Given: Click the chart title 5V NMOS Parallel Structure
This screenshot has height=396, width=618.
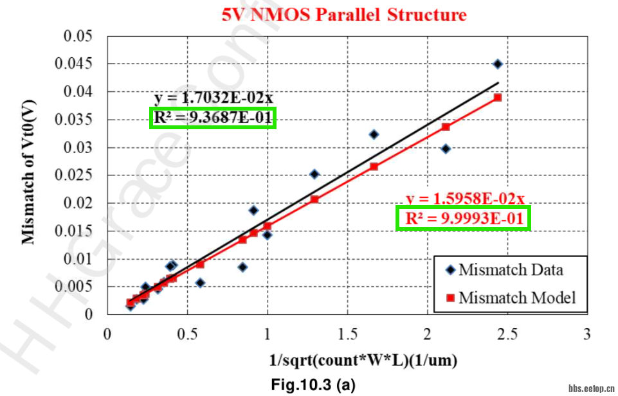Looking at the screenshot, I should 344,14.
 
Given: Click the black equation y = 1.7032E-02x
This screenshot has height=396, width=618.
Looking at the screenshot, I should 214,98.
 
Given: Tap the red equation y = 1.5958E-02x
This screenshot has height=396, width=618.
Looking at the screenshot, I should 465,198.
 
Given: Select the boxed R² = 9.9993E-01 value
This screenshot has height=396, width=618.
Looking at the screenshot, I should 463,219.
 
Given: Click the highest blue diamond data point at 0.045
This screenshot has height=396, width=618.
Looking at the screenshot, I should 497,64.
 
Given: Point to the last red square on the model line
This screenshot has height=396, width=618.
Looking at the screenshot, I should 497,98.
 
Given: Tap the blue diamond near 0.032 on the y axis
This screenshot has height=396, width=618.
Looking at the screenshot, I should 374,134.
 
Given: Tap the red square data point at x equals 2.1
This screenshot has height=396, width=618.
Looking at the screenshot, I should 445,127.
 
